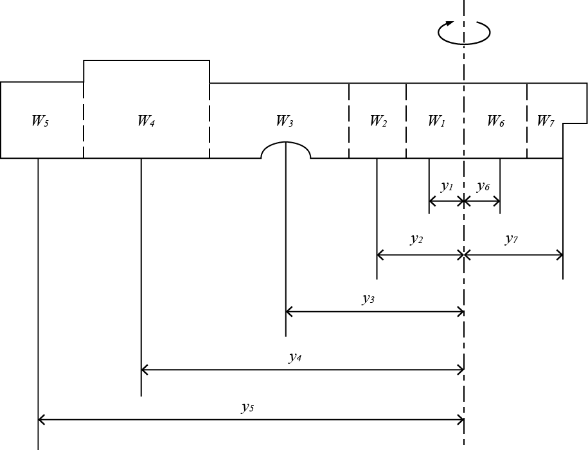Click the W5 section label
40,121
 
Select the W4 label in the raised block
146,121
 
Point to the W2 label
378,121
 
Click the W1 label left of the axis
436,121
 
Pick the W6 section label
495,121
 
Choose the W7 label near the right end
545,121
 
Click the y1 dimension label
447,186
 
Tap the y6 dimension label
483,186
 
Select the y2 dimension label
416,239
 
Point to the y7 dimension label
511,239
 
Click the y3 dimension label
368,298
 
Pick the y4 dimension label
295,357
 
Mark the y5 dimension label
247,406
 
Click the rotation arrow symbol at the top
464,32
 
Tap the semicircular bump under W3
285,150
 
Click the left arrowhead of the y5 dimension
41,420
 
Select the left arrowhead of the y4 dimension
144,369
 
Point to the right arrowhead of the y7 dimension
560,255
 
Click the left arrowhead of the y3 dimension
289,312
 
